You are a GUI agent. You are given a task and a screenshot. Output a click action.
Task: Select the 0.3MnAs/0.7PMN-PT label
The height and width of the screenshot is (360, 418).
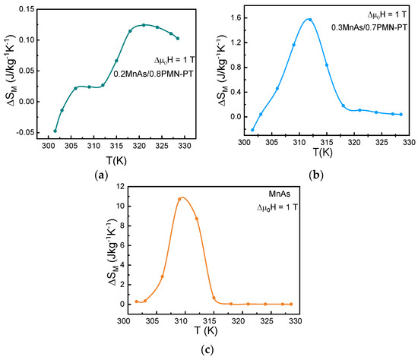coord(369,27)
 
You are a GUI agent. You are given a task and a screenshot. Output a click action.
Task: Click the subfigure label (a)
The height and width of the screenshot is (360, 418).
coord(99,175)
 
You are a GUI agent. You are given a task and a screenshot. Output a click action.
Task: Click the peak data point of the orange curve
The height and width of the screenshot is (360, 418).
coord(180,199)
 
